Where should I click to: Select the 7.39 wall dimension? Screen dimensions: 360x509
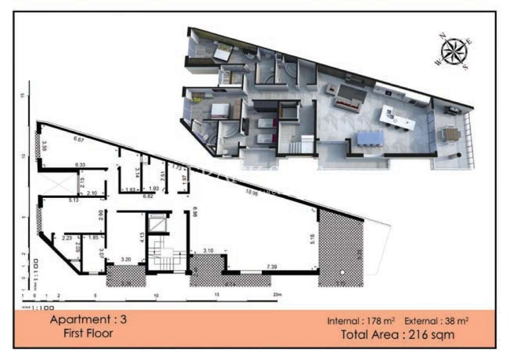coord(271,268)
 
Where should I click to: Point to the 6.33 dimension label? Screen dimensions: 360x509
coord(80,165)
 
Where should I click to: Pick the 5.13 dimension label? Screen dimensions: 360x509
coord(61,200)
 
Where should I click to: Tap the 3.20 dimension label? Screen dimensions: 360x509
coord(126,260)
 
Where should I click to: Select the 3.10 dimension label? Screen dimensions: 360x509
coord(208,251)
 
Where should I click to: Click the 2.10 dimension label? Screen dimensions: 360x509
coord(90,193)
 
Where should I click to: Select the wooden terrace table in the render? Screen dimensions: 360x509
coord(450,134)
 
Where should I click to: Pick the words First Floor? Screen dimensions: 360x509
coord(88,333)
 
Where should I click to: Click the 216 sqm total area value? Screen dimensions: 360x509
coord(433,334)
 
